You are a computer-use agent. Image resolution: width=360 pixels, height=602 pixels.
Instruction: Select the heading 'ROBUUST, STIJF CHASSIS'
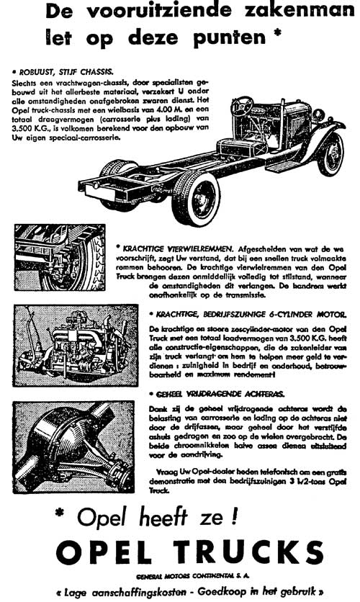point(63,72)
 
